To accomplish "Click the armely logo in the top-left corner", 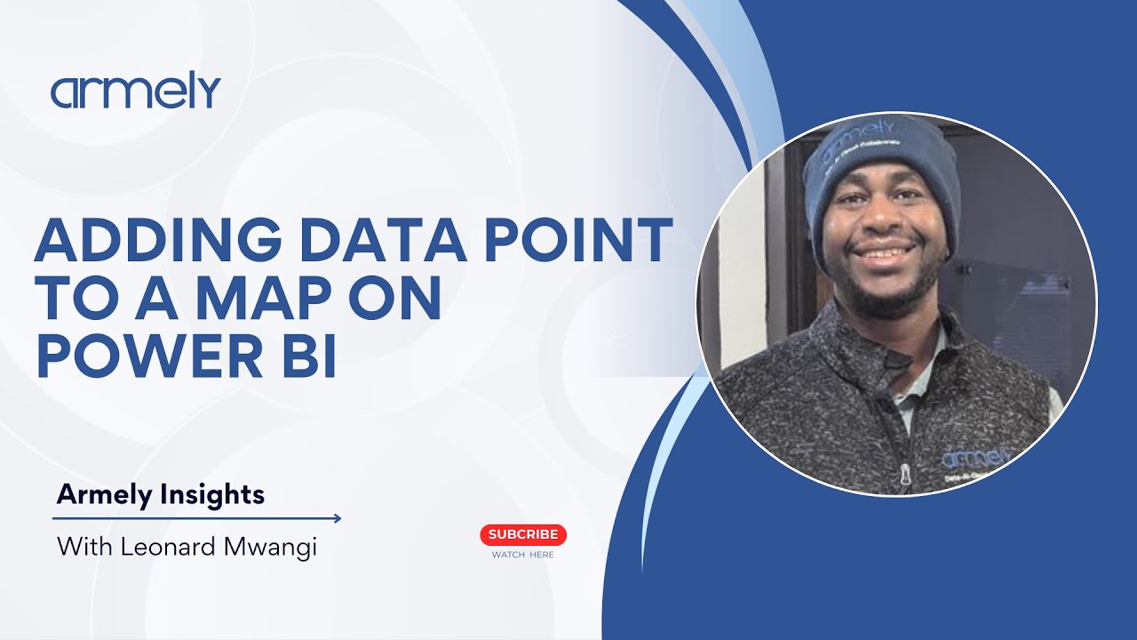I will coord(135,92).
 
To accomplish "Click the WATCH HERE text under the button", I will coord(523,555).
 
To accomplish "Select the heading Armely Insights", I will coord(161,494).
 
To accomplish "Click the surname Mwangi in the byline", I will coord(272,546).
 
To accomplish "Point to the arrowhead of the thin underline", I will coord(337,518).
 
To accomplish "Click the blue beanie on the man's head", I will coord(879,169).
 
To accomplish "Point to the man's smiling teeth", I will coord(881,253).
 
